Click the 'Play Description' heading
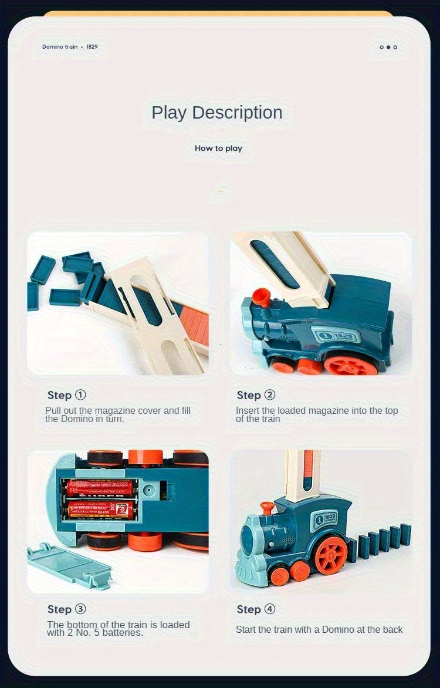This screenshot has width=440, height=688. point(217,112)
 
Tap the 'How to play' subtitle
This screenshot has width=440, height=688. point(218,148)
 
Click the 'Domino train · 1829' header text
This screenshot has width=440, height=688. point(70,46)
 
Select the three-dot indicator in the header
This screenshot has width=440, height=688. point(388,47)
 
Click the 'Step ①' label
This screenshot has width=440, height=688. point(66,395)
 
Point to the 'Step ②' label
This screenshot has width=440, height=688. point(256,395)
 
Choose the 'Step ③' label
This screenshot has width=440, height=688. point(66,609)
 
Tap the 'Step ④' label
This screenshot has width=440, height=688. point(256,609)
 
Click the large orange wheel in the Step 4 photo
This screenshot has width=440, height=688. point(331,555)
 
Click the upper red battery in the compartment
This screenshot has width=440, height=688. point(100,487)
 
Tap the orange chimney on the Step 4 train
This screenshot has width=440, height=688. point(267,507)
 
